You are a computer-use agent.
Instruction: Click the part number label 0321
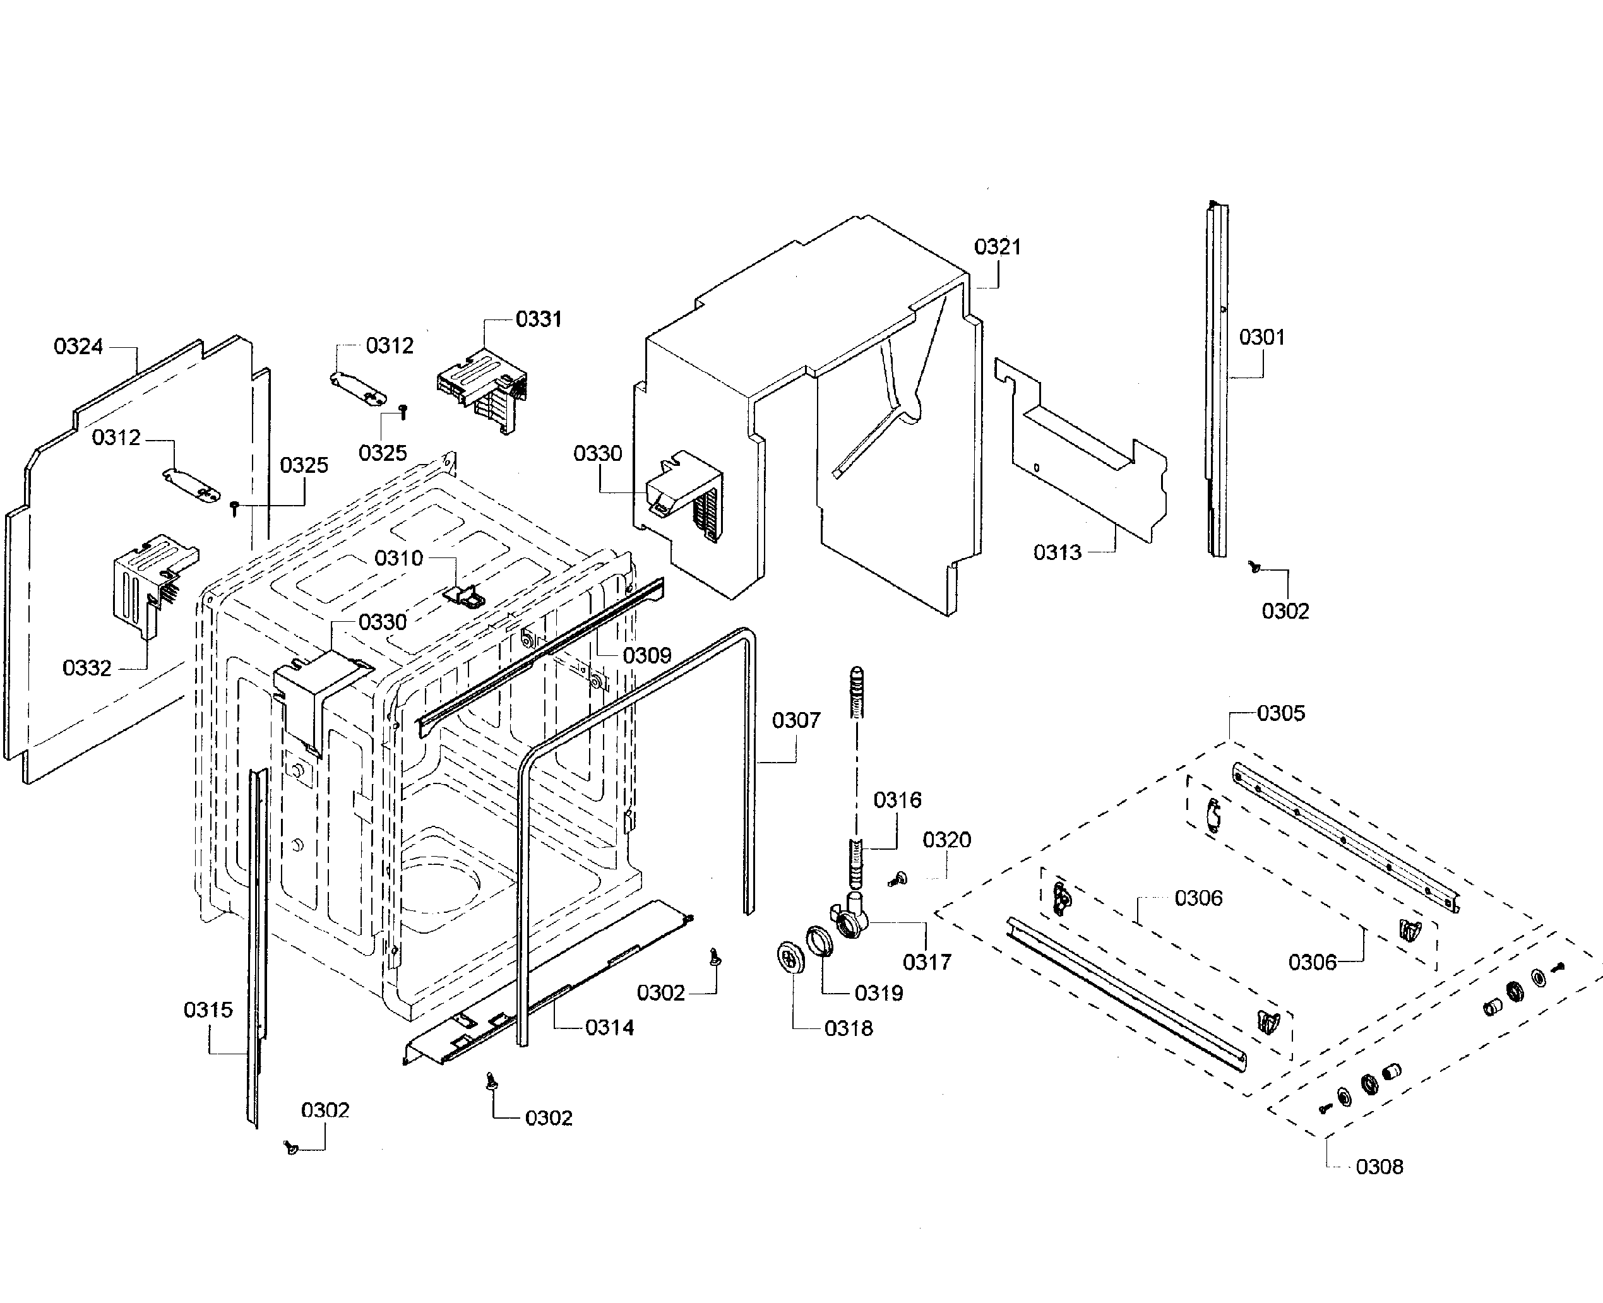(998, 247)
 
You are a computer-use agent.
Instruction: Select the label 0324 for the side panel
(78, 347)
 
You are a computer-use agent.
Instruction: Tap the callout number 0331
(538, 319)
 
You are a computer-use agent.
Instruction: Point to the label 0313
(1057, 552)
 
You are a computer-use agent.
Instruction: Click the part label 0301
(1261, 338)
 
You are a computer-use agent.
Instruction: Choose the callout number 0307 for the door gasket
(796, 720)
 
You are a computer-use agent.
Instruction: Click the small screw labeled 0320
(898, 878)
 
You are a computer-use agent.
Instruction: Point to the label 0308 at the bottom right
(1379, 1167)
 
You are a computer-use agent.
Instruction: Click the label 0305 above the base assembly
(1280, 713)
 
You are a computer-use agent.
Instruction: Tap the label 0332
(86, 668)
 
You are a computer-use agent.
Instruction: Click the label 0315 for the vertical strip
(208, 1010)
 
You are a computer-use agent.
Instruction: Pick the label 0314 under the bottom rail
(609, 1028)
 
